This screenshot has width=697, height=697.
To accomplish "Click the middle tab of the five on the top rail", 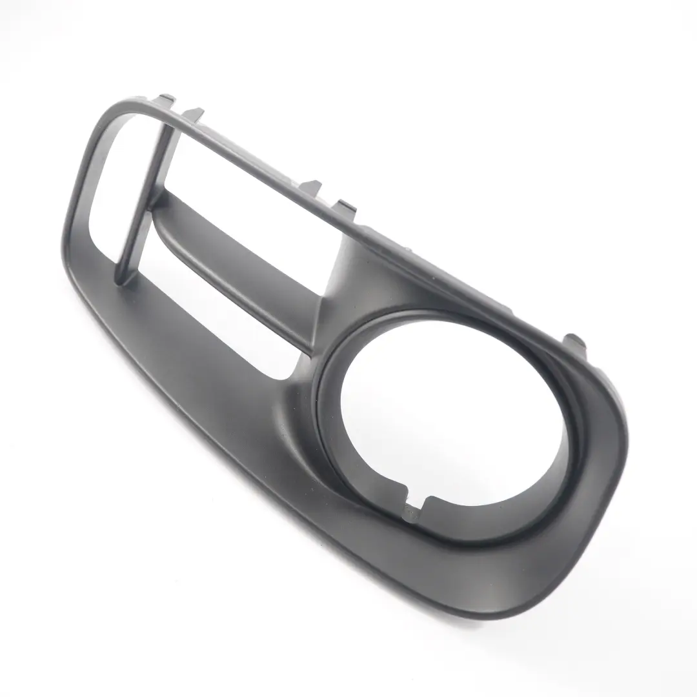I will (311, 186).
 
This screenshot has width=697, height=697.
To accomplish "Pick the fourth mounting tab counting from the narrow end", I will (346, 207).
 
